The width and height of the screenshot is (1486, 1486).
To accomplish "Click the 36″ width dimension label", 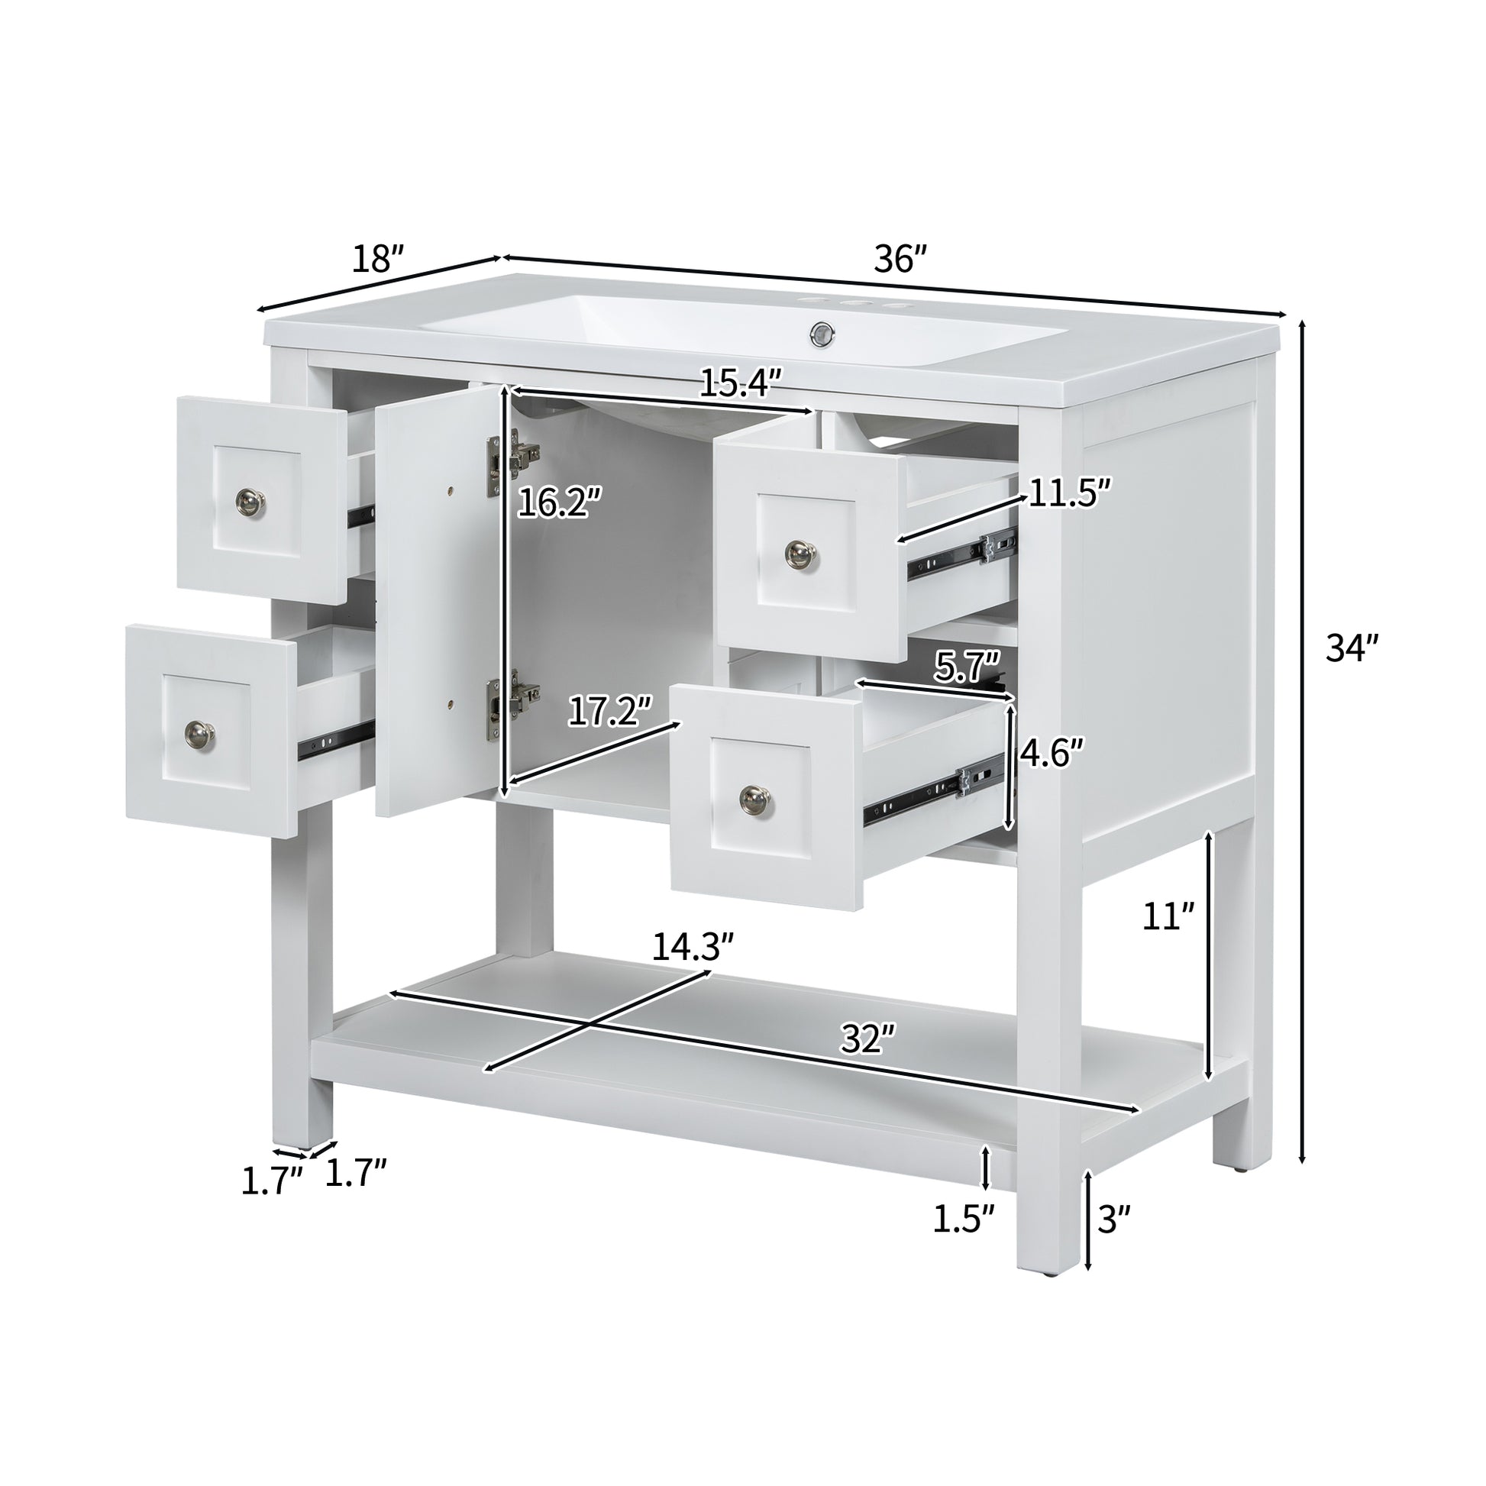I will tap(900, 260).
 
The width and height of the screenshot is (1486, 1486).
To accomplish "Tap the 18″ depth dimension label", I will tap(378, 259).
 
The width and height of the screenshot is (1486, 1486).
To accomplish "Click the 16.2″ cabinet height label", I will tap(558, 504).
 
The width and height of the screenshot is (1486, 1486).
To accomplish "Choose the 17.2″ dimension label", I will tap(610, 712).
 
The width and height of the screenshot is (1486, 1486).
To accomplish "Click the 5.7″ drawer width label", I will tap(967, 666).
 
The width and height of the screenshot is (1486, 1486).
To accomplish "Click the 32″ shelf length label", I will tap(868, 1040).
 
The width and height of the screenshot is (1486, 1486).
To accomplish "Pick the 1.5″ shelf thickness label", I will tap(964, 1219).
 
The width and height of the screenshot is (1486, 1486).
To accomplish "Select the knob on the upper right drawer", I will tap(801, 551).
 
